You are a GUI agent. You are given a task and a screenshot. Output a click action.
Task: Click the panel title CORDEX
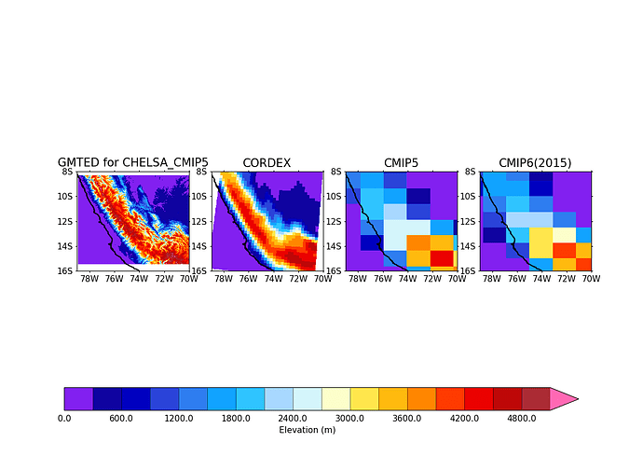coord(267,163)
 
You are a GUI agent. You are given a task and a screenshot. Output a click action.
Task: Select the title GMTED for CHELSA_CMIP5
coord(133,163)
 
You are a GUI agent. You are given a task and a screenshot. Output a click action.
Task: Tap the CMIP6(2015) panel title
coord(535,163)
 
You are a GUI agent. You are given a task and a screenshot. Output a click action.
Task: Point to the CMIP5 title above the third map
coord(401,163)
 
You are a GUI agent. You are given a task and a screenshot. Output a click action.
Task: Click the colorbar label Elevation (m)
coord(308,430)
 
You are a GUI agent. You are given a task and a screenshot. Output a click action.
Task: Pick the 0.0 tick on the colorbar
coord(64,419)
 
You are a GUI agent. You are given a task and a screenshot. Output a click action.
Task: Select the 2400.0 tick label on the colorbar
coord(293,419)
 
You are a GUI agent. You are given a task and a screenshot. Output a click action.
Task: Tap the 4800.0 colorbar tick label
coord(521,419)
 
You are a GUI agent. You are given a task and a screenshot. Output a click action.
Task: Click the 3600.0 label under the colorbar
coord(407,419)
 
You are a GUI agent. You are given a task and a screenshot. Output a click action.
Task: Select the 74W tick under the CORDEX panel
coord(273,278)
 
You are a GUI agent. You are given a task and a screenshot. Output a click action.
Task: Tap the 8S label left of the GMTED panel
coord(67,172)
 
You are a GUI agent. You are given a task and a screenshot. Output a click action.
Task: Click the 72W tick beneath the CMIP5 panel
coord(431,278)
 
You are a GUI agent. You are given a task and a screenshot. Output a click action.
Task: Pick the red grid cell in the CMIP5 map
coord(441,257)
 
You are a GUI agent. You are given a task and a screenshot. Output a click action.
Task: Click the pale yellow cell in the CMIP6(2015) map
coord(564,234)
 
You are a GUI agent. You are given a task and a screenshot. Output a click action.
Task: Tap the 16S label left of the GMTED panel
coord(65,270)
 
